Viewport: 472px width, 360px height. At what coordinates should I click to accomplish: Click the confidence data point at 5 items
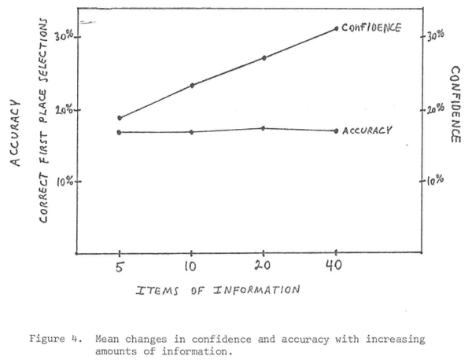pos(120,118)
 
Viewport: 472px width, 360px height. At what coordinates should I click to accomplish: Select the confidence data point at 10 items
pos(192,85)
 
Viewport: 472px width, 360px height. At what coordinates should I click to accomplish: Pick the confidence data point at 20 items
pos(264,57)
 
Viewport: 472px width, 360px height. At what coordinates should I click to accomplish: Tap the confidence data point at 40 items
pos(336,28)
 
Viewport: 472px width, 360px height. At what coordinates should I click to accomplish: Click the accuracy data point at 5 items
pos(120,132)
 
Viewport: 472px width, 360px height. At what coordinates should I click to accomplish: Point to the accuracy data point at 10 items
pos(192,132)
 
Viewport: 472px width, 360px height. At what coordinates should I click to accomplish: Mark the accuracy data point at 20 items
pos(264,128)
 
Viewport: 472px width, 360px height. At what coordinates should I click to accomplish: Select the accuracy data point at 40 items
pos(336,130)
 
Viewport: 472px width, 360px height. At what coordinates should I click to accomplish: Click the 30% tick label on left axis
pos(64,36)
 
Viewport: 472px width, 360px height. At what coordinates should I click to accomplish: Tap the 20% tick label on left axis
pos(64,109)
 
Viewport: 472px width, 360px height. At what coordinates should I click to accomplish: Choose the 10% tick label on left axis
pos(64,182)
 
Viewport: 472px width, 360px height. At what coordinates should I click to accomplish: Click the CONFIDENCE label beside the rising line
pos(371,28)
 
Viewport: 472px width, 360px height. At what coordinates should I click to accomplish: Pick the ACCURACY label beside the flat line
pos(367,130)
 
